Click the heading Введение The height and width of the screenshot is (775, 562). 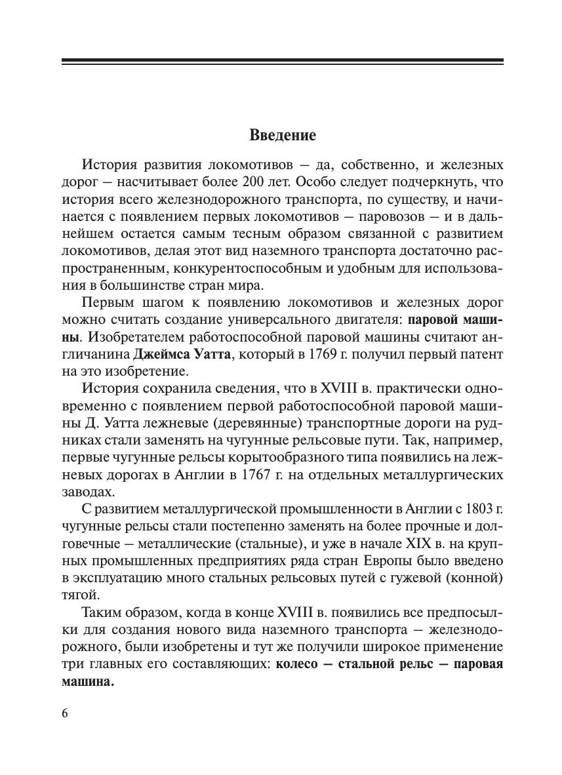click(x=283, y=136)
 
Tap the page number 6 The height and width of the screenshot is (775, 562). click(x=65, y=714)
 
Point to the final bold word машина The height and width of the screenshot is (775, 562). click(x=88, y=681)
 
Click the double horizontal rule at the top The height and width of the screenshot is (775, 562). click(x=283, y=62)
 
